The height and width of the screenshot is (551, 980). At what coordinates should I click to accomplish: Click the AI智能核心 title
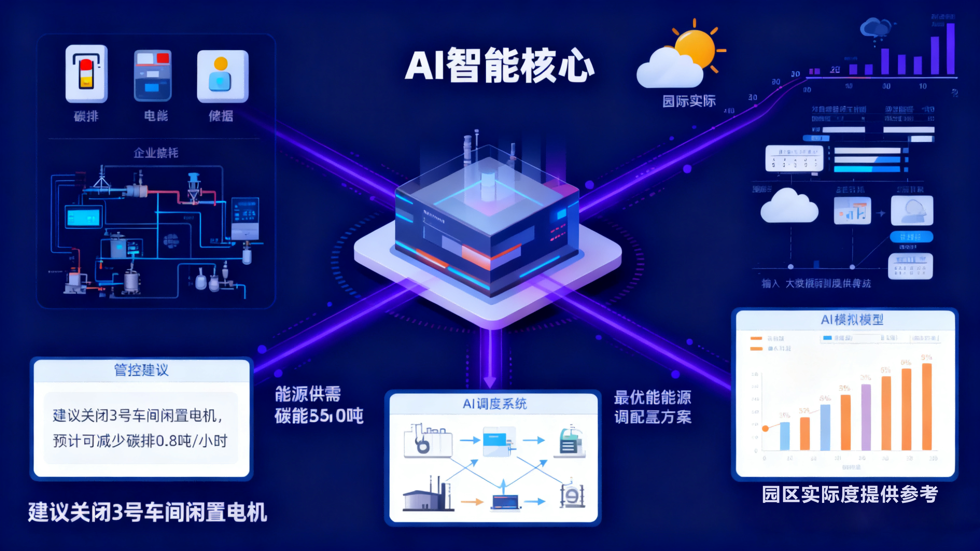tap(499, 65)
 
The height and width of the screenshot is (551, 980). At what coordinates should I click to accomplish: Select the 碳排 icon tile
tap(87, 74)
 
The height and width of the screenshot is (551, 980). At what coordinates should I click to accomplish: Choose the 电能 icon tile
tap(153, 75)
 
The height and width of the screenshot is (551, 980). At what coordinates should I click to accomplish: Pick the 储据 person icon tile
tap(223, 76)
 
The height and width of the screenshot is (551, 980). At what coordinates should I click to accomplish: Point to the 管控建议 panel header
tap(141, 370)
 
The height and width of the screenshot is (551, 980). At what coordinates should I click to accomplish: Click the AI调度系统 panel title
tap(494, 403)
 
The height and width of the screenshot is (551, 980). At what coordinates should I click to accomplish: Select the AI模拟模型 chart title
tap(852, 319)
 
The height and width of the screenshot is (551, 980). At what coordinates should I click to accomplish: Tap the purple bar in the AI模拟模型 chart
tap(866, 417)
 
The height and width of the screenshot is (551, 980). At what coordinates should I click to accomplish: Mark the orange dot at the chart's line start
tap(765, 429)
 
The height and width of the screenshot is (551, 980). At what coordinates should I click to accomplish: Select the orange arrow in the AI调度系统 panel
tap(472, 502)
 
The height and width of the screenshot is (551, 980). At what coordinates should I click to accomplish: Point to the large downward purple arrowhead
tap(490, 382)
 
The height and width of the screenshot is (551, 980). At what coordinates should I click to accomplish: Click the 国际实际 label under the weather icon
tap(689, 101)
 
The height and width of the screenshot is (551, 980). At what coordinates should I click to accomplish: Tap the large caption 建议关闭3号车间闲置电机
tap(148, 512)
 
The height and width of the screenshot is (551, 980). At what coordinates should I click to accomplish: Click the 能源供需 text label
tap(308, 394)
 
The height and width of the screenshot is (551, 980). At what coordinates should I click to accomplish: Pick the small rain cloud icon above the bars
tap(875, 27)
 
